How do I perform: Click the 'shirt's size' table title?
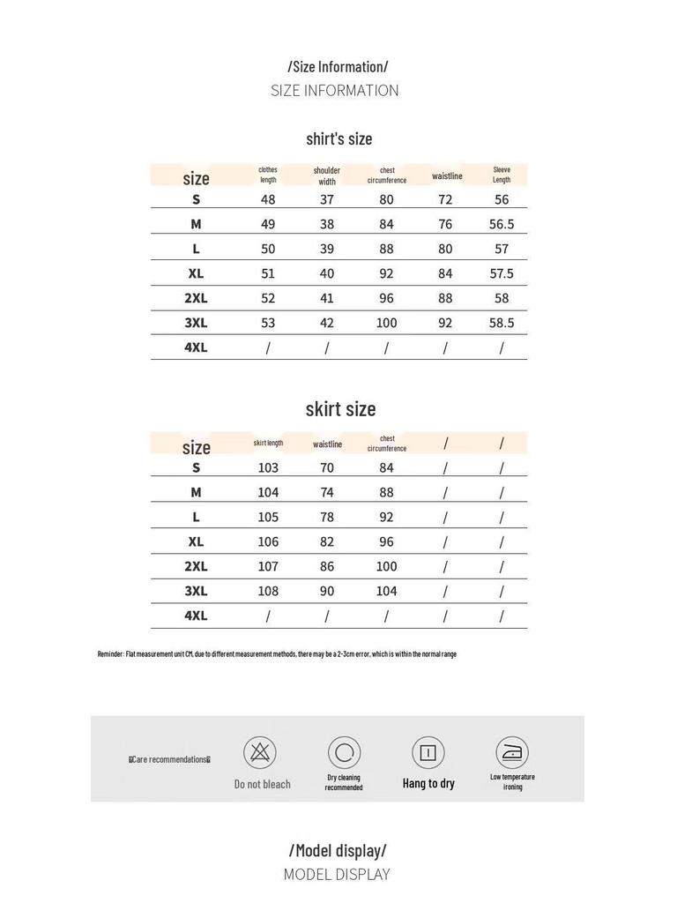coord(339,138)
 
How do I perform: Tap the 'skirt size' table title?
coord(340,408)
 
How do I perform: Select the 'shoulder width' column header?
coord(327,175)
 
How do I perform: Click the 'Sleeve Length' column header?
coord(502,175)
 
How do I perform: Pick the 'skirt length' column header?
coord(268,443)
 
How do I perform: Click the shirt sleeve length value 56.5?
coord(502,224)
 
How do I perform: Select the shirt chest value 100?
coord(386,323)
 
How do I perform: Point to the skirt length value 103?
coord(268,467)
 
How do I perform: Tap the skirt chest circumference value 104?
coord(386,591)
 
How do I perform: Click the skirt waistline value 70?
coord(327,467)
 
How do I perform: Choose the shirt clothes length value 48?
coord(268,199)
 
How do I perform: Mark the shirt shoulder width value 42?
coord(327,323)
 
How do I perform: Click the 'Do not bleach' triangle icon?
coord(260,752)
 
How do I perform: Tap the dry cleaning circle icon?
coord(344,752)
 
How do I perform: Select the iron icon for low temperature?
coord(511,752)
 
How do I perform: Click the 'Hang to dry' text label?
coord(428,783)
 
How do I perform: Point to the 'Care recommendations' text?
coord(170,759)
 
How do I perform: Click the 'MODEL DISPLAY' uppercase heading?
coord(337,875)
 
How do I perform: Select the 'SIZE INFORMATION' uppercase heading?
coord(335,90)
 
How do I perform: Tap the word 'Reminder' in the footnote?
coord(110,654)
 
